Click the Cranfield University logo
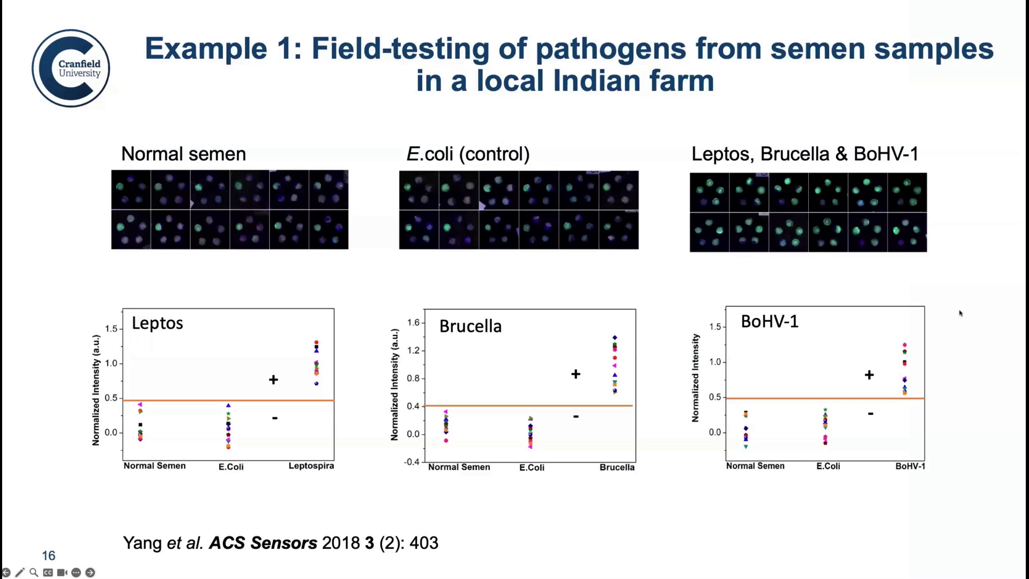(x=71, y=68)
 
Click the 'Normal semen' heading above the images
(x=183, y=154)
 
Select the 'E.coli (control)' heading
(x=468, y=154)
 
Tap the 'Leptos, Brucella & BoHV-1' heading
(x=805, y=154)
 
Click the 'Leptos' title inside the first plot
(x=158, y=323)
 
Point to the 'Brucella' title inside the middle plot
(x=470, y=326)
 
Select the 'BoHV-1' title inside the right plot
(x=770, y=321)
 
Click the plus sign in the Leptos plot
(x=273, y=380)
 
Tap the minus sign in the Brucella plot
(x=576, y=416)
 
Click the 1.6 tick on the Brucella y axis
(x=413, y=322)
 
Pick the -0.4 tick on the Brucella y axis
(x=412, y=462)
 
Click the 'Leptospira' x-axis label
(x=311, y=465)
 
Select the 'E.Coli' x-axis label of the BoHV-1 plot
(x=828, y=466)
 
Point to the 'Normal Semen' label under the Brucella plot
(x=459, y=467)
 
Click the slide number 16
(x=49, y=555)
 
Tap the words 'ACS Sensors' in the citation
(x=263, y=543)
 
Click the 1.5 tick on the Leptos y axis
(x=111, y=329)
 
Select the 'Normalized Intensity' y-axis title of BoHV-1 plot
(x=696, y=377)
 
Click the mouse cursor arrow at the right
(x=960, y=313)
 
